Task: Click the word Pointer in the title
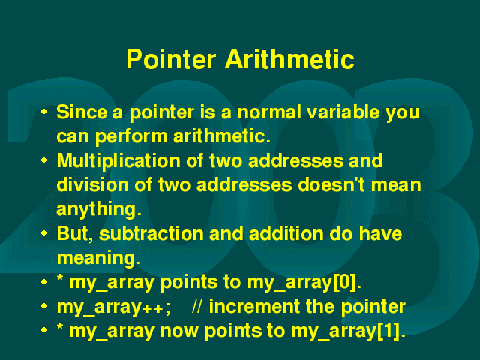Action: [171, 58]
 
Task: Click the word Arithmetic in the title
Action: [290, 58]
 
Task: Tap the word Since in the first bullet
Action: [82, 112]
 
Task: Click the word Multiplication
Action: [118, 161]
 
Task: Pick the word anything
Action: [99, 210]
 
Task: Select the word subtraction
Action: [151, 234]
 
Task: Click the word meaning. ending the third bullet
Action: [98, 259]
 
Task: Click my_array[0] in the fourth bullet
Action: [304, 282]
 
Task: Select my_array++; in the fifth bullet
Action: [113, 307]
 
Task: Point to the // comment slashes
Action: [197, 306]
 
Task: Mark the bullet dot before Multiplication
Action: [44, 160]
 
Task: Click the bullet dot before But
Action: [44, 233]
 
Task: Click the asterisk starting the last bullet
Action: [60, 327]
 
